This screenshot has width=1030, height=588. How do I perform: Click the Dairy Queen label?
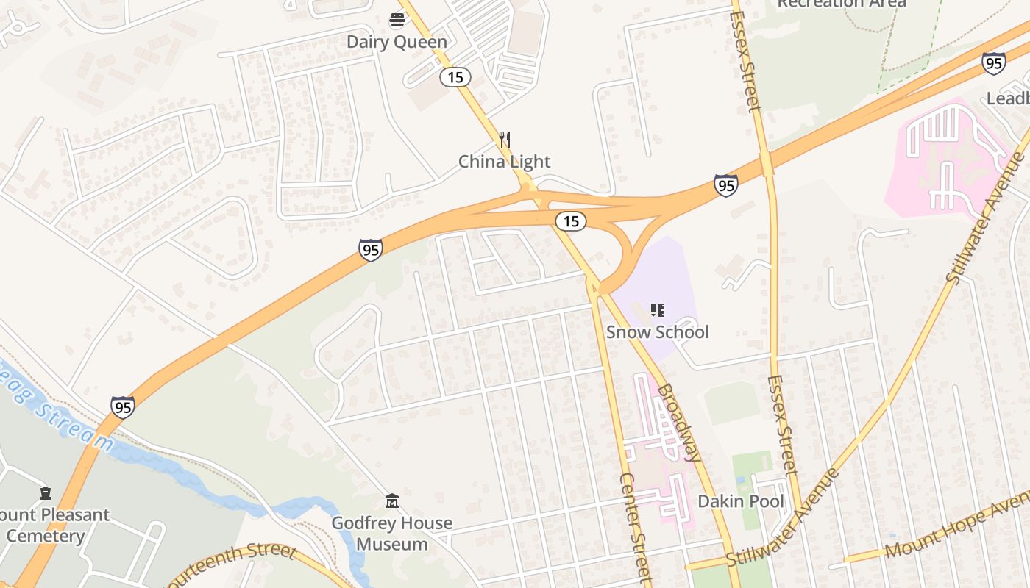[397, 42]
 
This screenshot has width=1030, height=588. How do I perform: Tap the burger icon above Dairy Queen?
[397, 20]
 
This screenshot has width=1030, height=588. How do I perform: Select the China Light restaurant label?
[504, 162]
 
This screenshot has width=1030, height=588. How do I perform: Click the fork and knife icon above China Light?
[505, 139]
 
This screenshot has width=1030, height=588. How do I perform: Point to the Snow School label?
[657, 331]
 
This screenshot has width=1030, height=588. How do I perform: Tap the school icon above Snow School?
[658, 310]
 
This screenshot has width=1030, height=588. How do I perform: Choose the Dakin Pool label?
[740, 501]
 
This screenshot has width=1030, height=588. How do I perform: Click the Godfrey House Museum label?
[391, 534]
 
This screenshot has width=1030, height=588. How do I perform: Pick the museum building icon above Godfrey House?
[392, 501]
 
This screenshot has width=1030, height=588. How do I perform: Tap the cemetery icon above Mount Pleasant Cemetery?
[46, 492]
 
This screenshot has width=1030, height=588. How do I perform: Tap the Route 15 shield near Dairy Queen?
[455, 76]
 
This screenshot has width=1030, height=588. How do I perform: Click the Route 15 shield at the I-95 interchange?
[570, 220]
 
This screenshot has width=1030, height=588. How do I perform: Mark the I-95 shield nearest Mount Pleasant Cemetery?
[123, 406]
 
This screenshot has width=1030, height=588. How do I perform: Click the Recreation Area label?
[842, 4]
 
